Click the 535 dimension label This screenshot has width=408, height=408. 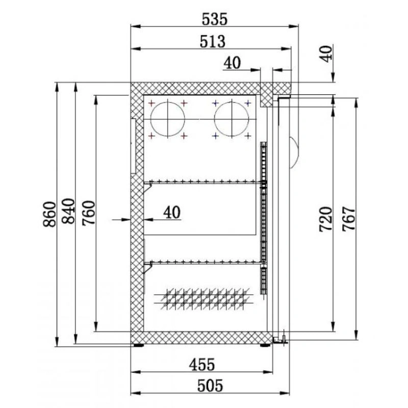[215, 19]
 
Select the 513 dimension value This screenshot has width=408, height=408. [212, 42]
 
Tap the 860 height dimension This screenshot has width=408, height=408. [49, 214]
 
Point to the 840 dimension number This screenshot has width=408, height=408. [68, 211]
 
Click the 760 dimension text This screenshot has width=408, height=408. [88, 213]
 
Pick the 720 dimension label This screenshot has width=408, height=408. [326, 219]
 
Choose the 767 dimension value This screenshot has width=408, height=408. [349, 219]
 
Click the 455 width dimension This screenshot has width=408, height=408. [202, 364]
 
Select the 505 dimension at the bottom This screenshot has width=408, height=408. [210, 386]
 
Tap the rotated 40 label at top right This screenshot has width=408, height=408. [326, 54]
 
